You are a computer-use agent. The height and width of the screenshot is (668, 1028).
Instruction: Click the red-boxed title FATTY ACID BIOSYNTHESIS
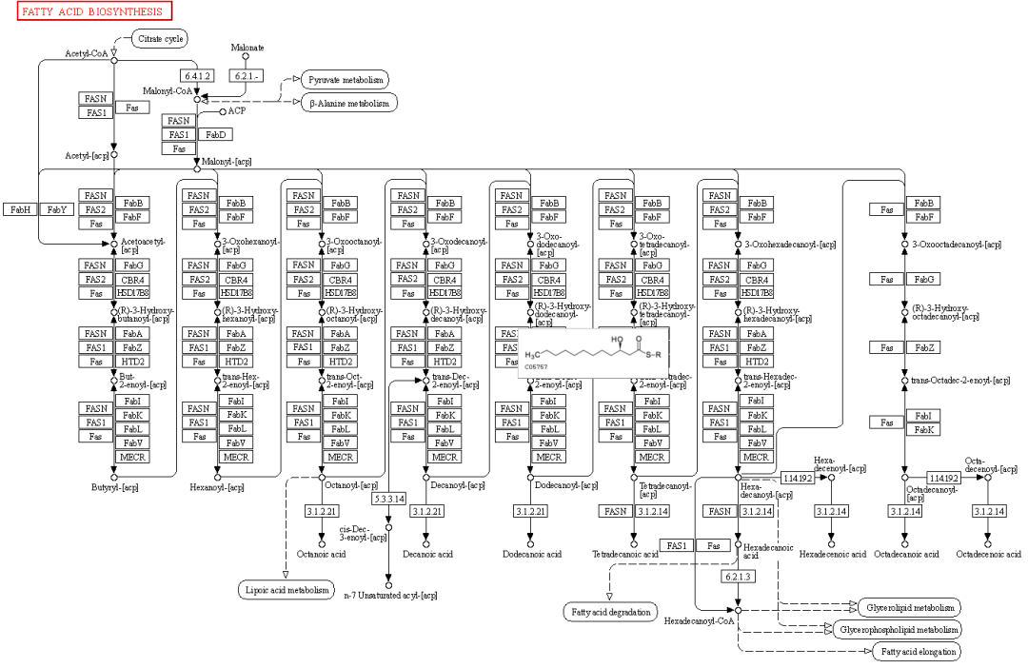click(88, 11)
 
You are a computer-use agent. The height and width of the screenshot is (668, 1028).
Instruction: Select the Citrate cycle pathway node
click(158, 39)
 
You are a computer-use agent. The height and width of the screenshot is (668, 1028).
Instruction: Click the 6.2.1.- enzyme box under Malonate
click(246, 74)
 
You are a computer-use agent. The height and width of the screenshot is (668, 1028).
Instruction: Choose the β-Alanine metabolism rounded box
click(349, 102)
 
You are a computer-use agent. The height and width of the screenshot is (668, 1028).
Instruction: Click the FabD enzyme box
click(211, 134)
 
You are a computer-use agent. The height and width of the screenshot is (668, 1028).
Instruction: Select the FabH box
click(22, 209)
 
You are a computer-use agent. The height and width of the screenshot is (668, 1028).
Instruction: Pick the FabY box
click(56, 209)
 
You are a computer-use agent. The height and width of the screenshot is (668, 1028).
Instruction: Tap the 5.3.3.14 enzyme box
click(388, 499)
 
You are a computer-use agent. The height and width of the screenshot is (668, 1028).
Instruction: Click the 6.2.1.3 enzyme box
click(738, 577)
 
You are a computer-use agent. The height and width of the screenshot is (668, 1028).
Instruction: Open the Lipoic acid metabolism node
click(285, 591)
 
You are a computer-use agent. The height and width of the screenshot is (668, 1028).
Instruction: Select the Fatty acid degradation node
click(609, 611)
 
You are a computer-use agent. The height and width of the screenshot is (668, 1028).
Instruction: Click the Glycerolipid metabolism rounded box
click(909, 607)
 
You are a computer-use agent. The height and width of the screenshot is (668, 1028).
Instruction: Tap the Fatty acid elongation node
click(916, 651)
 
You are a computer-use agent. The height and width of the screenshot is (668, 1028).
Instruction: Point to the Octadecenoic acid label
click(988, 554)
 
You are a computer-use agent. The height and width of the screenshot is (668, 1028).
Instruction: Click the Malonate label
click(247, 47)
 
